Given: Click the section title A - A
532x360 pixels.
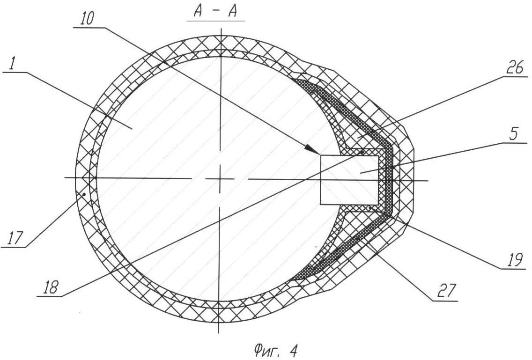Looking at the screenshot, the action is coord(215,11).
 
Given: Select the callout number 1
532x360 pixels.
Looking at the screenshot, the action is coord(13,64).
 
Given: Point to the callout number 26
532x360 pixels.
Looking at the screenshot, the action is coord(514,68).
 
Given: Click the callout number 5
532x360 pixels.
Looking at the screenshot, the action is coord(514,134).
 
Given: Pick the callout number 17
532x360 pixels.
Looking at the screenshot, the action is coord(14,239).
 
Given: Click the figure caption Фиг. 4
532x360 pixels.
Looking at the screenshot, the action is coord(275,350).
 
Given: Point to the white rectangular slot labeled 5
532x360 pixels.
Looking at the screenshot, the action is coord(349,180).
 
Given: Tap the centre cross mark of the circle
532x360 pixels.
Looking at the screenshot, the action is coord(220,178).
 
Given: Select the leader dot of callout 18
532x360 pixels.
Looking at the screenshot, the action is coord(362,152).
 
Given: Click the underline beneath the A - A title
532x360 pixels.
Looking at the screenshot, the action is coord(216,22).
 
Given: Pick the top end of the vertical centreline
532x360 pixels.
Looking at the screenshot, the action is coord(221,28).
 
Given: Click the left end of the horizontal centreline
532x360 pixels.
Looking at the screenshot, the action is coord(65,177).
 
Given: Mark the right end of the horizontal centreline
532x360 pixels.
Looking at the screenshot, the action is coord(428,181).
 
